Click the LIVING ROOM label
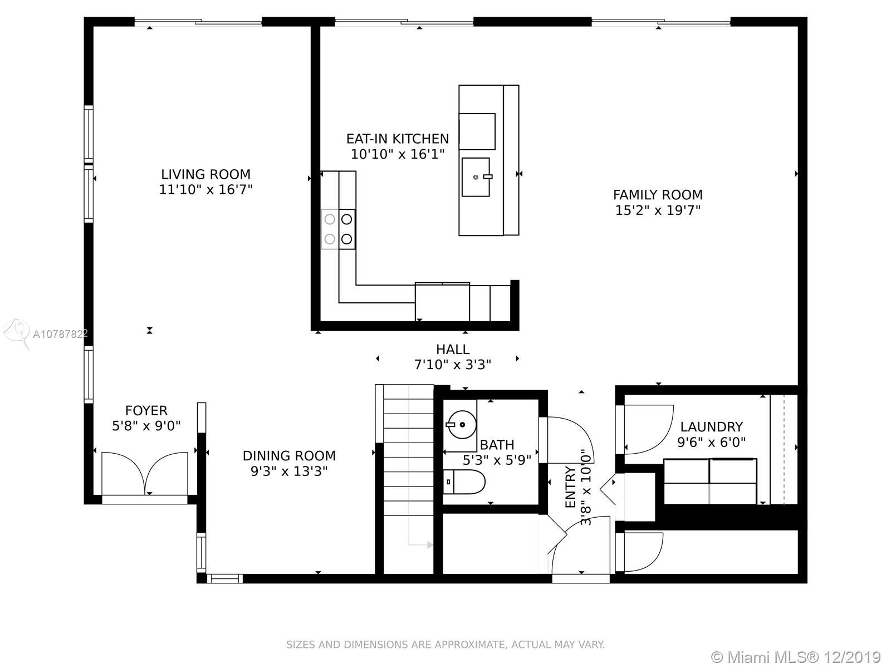pyautogui.click(x=206, y=174)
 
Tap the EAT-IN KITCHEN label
pyautogui.click(x=398, y=139)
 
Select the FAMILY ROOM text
pyautogui.click(x=658, y=195)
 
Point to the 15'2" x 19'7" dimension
pyautogui.click(x=658, y=210)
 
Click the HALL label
pyautogui.click(x=453, y=349)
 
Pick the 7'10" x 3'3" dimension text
pyautogui.click(x=453, y=365)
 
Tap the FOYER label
pyautogui.click(x=146, y=410)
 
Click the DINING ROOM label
pyautogui.click(x=289, y=456)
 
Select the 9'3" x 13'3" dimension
pyautogui.click(x=289, y=471)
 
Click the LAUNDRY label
pyautogui.click(x=711, y=426)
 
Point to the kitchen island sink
pyautogui.click(x=476, y=177)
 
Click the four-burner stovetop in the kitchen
pyautogui.click(x=338, y=229)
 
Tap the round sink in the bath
pyautogui.click(x=461, y=425)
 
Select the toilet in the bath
pyautogui.click(x=464, y=482)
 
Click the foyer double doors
pyautogui.click(x=145, y=473)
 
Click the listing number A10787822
pyautogui.click(x=60, y=334)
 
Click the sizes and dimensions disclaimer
pyautogui.click(x=445, y=645)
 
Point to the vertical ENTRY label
pyautogui.click(x=570, y=487)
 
